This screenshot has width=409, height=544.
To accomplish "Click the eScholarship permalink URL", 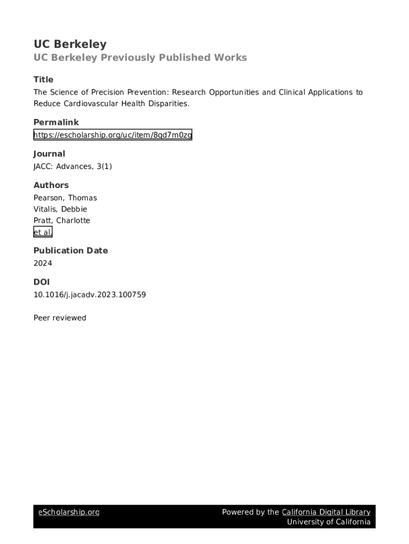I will (113, 135).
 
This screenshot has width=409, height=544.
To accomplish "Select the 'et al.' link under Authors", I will (42, 232).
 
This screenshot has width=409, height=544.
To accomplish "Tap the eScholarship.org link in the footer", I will (69, 512).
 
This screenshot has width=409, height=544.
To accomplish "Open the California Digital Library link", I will (326, 512).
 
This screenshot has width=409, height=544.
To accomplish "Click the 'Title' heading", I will (44, 80).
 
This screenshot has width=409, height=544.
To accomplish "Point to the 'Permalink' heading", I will (56, 122).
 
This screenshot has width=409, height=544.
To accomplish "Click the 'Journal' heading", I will (49, 154).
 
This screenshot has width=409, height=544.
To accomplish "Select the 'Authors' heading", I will (51, 185).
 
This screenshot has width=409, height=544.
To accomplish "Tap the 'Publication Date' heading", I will (71, 251).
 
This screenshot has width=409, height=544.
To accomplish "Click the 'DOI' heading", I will (41, 282).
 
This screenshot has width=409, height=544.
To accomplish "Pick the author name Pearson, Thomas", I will (65, 198).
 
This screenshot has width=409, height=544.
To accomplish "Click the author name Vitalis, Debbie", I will (60, 209).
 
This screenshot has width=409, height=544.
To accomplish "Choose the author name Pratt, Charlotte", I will (62, 220).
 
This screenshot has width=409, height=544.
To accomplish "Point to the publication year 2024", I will (42, 263).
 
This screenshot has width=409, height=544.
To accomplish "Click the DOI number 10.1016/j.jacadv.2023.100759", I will (89, 294).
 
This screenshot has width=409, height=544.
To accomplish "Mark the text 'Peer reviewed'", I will (59, 318).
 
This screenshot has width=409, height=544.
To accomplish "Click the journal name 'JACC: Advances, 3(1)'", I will (73, 166).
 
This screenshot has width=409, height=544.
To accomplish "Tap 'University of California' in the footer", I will (329, 522).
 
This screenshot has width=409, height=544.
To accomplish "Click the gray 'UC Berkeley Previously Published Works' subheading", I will (140, 57).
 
